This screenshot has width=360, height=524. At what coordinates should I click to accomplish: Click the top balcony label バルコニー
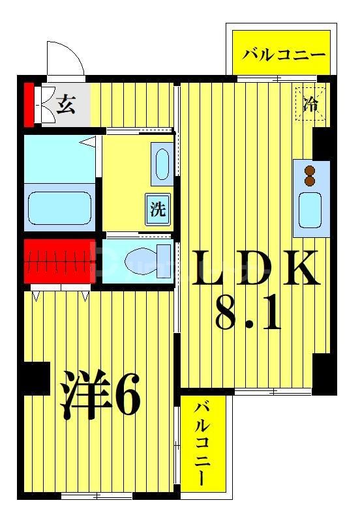pos(284,54)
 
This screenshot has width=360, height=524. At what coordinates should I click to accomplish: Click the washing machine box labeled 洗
pos(158,210)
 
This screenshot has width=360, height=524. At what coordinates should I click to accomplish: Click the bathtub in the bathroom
pos(58,207)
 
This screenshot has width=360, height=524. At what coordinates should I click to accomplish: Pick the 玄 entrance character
pos(65,104)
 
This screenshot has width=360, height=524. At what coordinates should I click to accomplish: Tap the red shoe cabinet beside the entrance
pos(29,104)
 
